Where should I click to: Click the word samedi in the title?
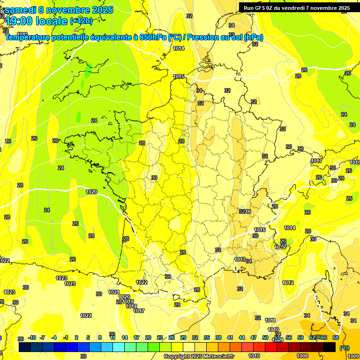tap(22, 10)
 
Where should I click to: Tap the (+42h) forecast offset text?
tap(81, 21)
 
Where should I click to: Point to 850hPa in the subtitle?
tap(154, 37)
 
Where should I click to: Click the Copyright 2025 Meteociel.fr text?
tap(199, 357)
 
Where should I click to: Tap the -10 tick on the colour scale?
tap(32, 337)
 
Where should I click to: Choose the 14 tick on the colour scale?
tap(125, 337)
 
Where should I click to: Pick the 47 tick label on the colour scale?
tap(254, 337)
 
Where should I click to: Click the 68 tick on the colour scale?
tap(336, 337)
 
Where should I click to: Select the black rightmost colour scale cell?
tap(330, 347)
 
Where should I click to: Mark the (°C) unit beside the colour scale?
tap(345, 347)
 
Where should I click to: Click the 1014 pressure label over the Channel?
tap(179, 48)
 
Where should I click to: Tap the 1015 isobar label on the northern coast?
tap(179, 76)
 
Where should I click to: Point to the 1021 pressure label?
tap(114, 292)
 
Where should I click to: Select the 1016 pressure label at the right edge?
tap(355, 162)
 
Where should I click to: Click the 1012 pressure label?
tap(288, 283)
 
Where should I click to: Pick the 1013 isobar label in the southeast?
tap(240, 259)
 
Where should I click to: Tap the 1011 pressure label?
tap(270, 320)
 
